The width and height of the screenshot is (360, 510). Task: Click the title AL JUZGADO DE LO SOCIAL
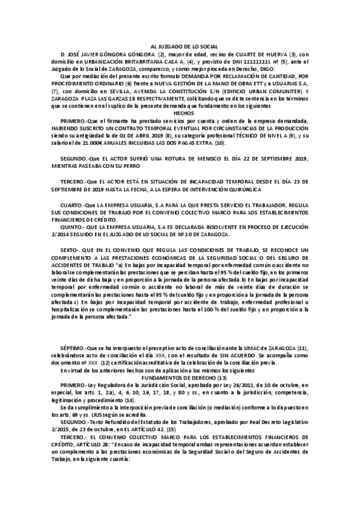[180, 46]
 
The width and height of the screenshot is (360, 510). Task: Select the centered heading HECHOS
[180, 112]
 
